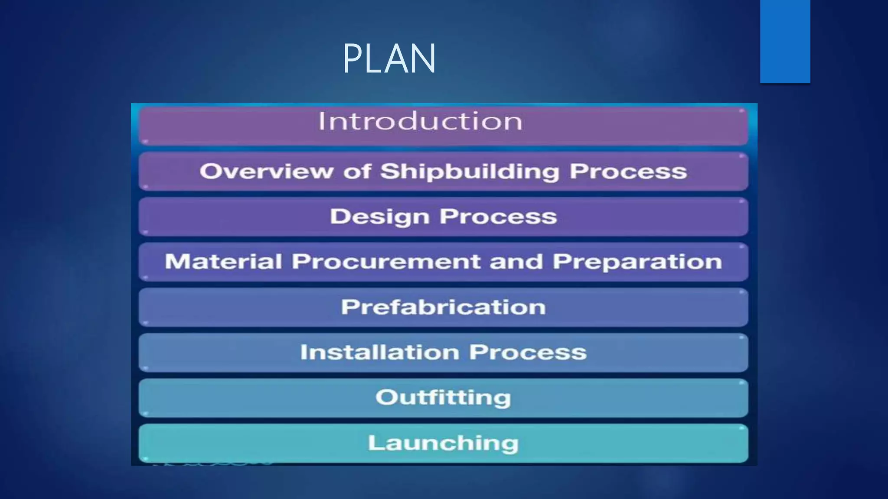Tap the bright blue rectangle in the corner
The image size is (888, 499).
(x=785, y=41)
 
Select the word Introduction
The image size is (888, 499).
(x=420, y=121)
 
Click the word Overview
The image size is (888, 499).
(x=266, y=171)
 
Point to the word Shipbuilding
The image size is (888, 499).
(x=470, y=172)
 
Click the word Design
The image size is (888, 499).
(x=380, y=217)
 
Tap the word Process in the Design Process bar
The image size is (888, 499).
(x=498, y=217)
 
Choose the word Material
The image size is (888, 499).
(x=223, y=262)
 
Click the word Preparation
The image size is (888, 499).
(x=637, y=262)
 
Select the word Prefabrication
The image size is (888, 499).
(x=443, y=307)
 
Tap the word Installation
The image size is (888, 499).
(x=380, y=352)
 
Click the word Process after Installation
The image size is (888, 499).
(x=528, y=352)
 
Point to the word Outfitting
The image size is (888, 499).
(x=443, y=398)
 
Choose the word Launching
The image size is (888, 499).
(x=443, y=443)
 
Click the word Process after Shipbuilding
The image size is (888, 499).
(x=628, y=171)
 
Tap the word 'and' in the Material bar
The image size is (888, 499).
(x=516, y=262)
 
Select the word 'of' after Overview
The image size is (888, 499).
(x=357, y=171)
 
